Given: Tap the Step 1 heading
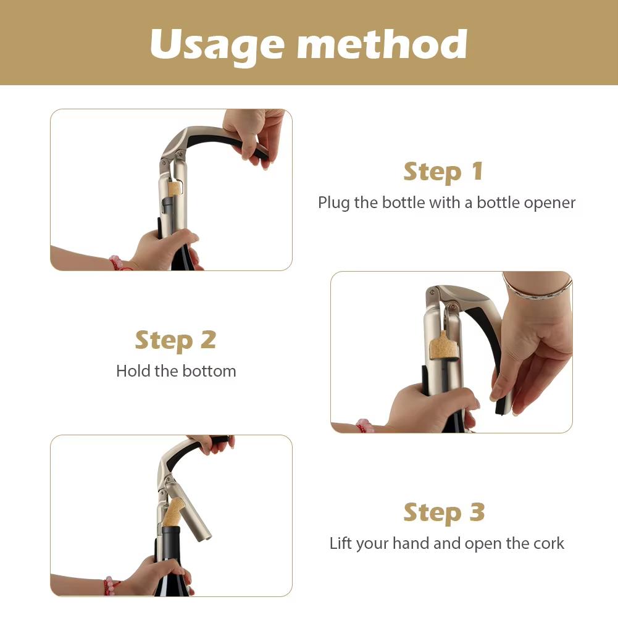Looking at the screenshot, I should [x=443, y=172].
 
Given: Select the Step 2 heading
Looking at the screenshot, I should [x=176, y=340].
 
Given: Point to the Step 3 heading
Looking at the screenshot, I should [x=444, y=512].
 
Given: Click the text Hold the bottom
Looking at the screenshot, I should [x=176, y=371].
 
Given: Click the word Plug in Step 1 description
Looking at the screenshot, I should [x=334, y=203].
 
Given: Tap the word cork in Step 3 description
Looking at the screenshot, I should [x=549, y=543].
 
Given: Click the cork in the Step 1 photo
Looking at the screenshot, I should [x=175, y=188].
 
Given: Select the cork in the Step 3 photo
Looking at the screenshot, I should [x=173, y=512].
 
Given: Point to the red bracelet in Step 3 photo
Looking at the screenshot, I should [x=109, y=585].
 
